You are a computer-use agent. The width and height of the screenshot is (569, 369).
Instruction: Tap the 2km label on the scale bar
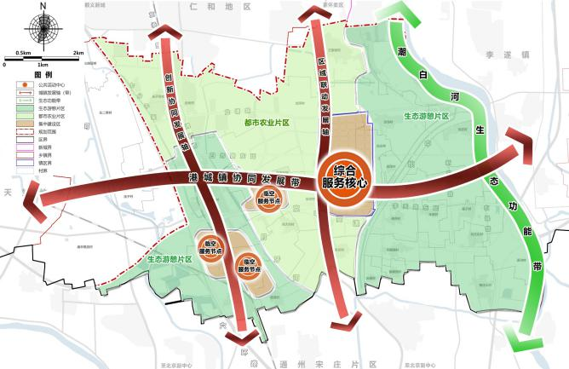click(x=78, y=53)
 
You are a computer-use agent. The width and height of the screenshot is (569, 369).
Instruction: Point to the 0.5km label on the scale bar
click(x=25, y=53)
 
